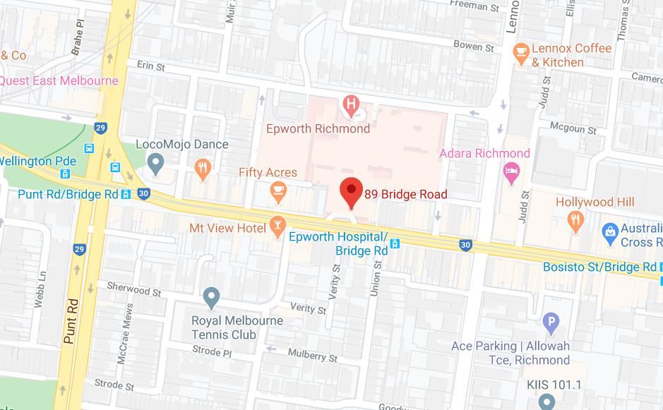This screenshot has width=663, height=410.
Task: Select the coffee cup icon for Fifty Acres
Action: [278, 190]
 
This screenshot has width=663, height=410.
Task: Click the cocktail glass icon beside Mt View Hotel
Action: [277, 227]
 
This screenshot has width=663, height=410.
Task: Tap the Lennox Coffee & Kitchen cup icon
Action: [521, 53]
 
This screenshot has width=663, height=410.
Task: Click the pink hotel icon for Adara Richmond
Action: [510, 171]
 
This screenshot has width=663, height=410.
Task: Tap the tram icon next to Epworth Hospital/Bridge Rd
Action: [396, 244]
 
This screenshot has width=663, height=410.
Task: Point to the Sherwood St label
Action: [134, 289]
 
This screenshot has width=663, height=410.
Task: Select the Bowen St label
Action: [474, 47]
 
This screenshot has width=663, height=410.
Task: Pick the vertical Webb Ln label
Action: [40, 290]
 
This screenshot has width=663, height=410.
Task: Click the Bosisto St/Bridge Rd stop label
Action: [599, 267]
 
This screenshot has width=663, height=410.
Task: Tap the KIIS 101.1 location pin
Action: [546, 402]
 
